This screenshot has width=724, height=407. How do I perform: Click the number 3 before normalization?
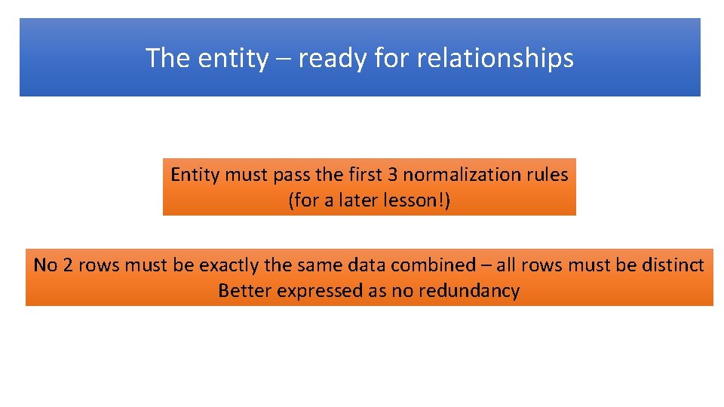click(393, 175)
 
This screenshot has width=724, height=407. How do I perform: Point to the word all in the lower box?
click(511, 265)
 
